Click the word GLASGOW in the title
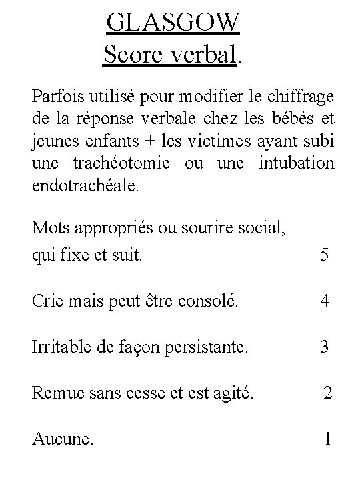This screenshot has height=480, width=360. [x=173, y=24]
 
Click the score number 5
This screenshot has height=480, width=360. [x=324, y=255]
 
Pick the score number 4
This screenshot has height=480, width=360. [x=324, y=301]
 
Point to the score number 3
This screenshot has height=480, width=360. [x=324, y=347]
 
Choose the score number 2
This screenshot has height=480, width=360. [x=327, y=393]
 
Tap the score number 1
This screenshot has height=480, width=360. [x=327, y=439]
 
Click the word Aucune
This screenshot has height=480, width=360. [x=63, y=440]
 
